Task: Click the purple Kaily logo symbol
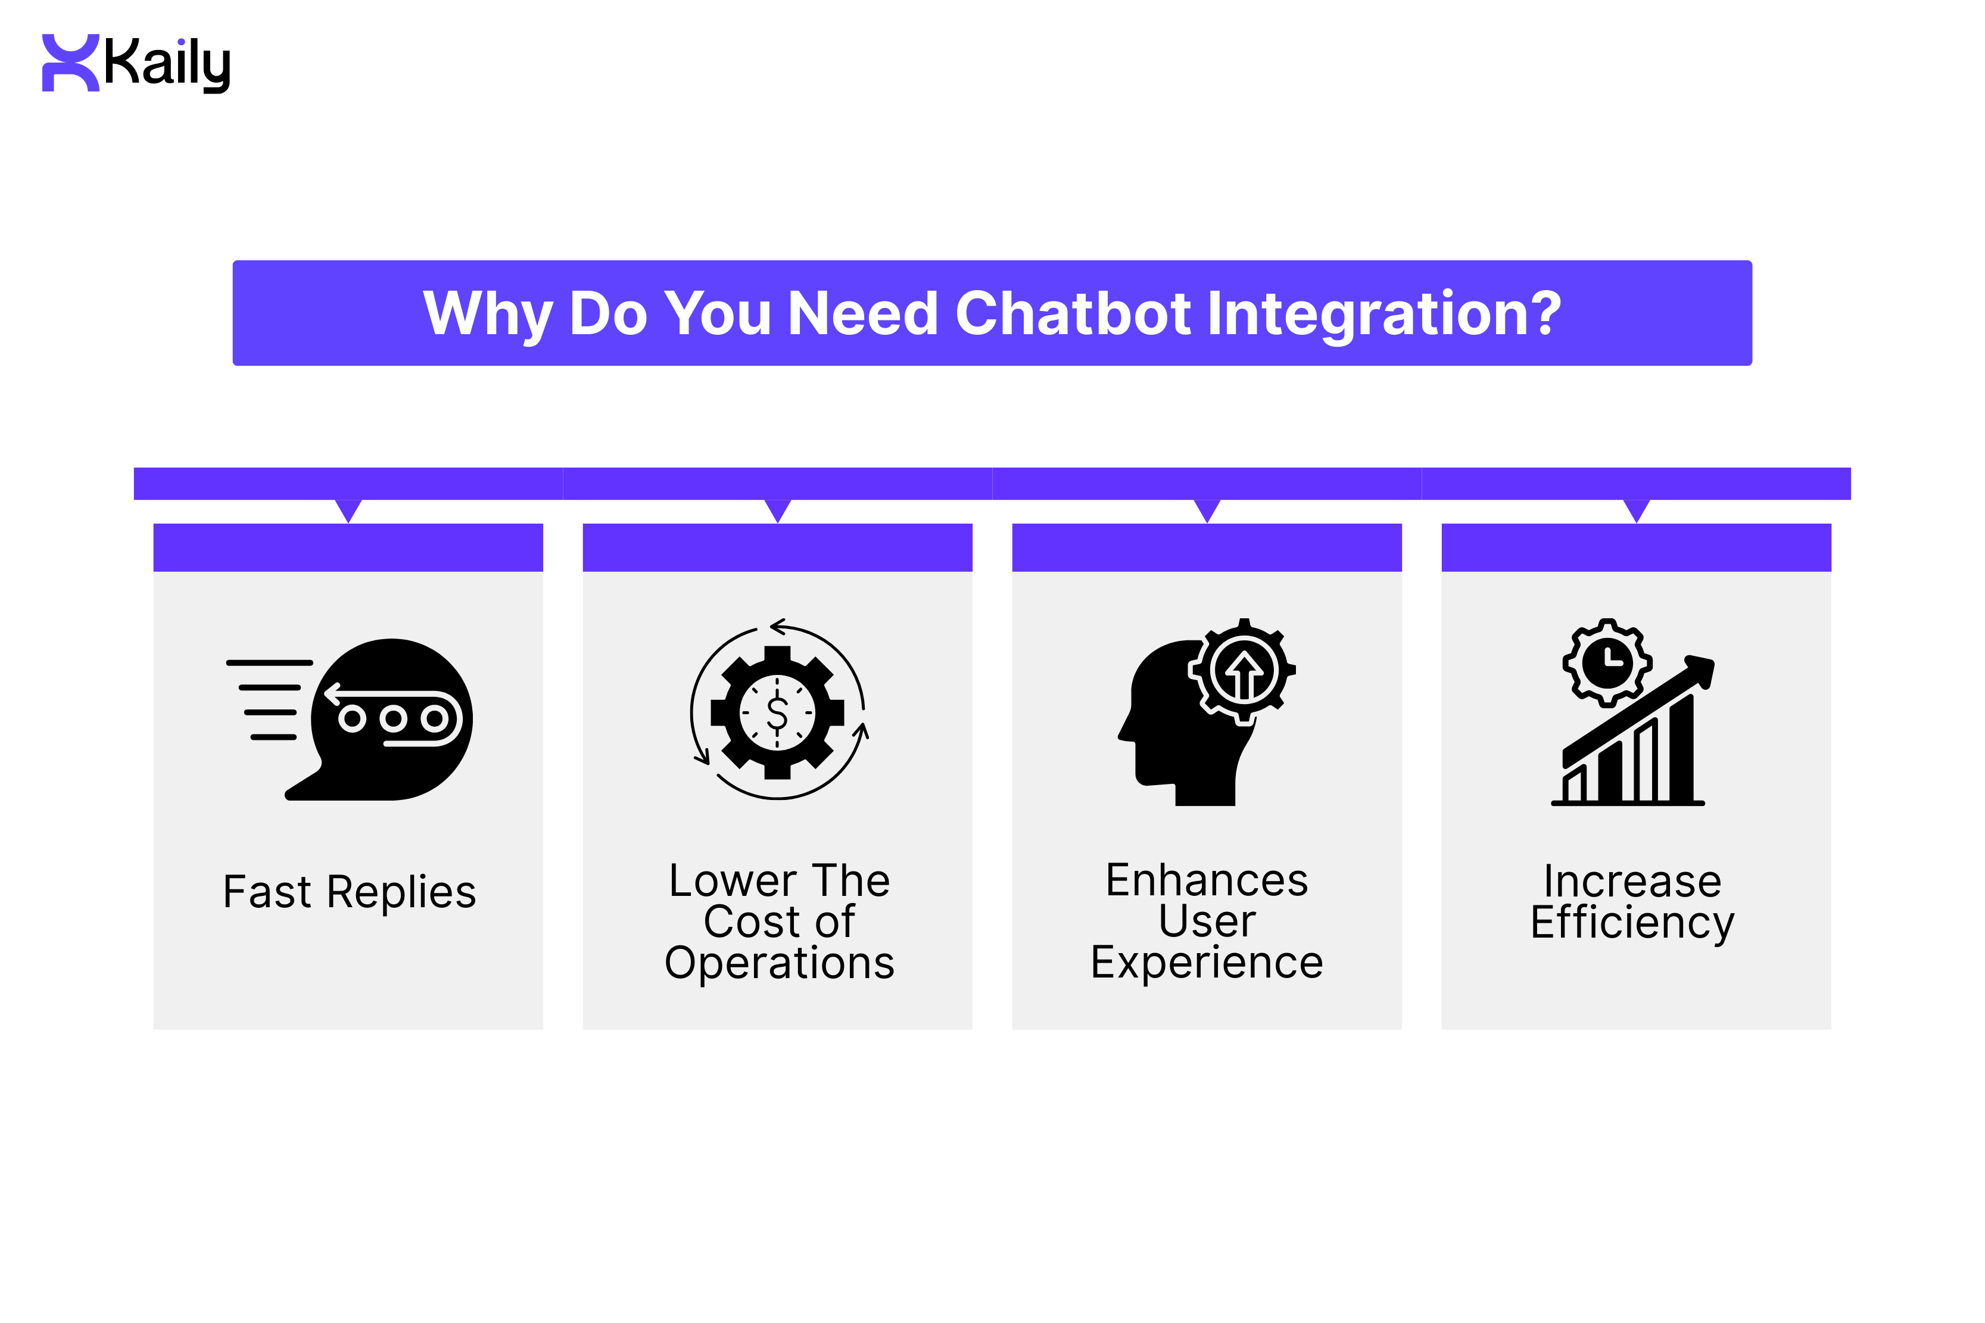pyautogui.click(x=71, y=63)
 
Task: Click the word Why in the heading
pyautogui.click(x=487, y=313)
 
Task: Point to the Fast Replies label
pyautogui.click(x=348, y=891)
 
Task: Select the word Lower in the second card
pyautogui.click(x=731, y=881)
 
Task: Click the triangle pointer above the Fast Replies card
pyautogui.click(x=348, y=510)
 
